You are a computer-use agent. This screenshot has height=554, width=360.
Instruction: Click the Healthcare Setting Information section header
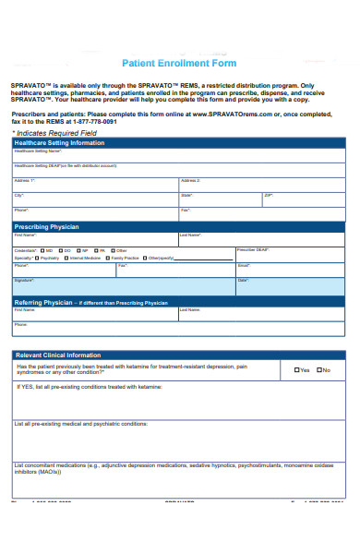59,143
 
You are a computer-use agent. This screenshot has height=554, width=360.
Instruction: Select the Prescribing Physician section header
47,226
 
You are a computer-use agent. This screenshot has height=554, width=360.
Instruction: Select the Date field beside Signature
290,285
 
